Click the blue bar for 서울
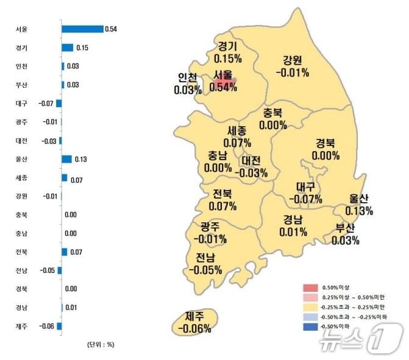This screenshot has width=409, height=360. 82,29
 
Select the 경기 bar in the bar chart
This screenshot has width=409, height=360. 67,48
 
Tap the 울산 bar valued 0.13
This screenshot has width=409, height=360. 66,159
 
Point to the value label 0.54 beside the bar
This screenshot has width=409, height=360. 111,29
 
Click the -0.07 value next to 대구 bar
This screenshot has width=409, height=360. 46,104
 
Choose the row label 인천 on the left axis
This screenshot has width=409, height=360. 21,66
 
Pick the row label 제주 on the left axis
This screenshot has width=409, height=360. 21,326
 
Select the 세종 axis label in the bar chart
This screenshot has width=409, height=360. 21,178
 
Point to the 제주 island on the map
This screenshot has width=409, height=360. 194,322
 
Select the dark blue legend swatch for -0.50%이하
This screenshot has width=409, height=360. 311,325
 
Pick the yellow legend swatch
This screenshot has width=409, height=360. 311,306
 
